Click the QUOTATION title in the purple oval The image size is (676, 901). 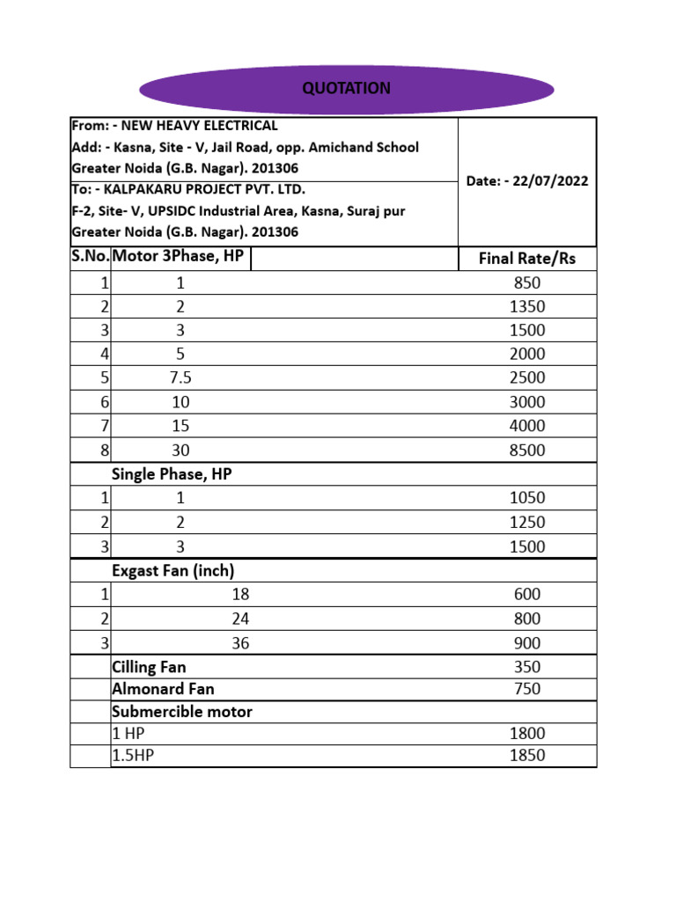point(346,89)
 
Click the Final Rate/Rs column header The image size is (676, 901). point(526,259)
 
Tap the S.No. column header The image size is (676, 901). point(90,258)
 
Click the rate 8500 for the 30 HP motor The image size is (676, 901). point(527,450)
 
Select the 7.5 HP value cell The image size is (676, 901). point(180,378)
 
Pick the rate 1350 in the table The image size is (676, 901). point(527,307)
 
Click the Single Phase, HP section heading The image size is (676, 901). point(171,474)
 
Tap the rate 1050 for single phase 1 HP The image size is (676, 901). point(527,498)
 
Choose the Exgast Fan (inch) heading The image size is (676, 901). point(173,570)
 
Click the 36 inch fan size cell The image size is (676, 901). point(240,643)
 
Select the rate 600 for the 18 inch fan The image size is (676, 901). point(527,595)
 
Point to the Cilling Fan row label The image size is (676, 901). point(149,667)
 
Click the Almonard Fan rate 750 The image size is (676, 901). point(527,689)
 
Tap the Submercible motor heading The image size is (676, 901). point(181,712)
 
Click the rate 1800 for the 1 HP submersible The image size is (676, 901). point(527,734)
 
